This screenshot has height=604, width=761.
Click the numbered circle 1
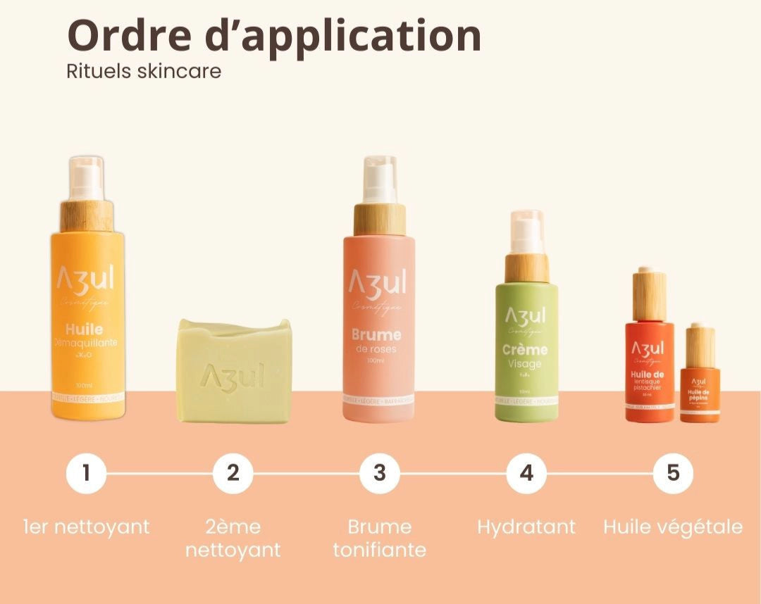86,473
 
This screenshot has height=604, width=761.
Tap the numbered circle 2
233,473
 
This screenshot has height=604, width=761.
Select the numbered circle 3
380,473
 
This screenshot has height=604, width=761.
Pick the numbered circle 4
526,473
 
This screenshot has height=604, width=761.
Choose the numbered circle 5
673,473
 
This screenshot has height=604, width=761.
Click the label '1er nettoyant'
86,527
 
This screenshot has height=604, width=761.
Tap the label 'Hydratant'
526,527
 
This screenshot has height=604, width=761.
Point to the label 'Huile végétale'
673,527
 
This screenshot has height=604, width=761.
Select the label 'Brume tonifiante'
380,538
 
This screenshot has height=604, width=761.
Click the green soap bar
234,371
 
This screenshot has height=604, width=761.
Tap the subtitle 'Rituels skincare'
144,72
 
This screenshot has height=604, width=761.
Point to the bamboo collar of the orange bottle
87,215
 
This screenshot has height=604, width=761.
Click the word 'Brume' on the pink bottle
376,334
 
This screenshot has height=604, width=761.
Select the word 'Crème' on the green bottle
525,350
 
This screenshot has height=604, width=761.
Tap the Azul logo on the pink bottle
378,283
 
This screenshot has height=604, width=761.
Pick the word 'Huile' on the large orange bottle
84,329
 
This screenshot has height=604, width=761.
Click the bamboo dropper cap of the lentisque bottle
648,295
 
